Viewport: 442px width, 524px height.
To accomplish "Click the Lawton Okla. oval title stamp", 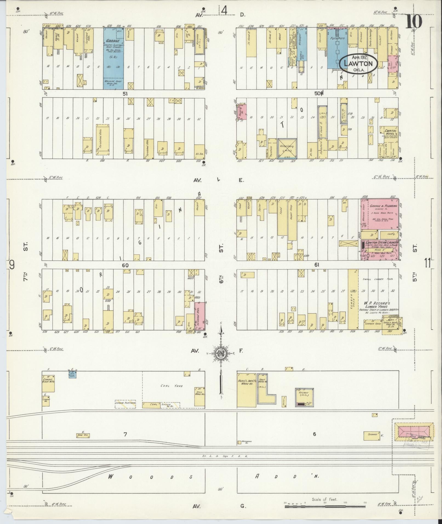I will tap(358, 63).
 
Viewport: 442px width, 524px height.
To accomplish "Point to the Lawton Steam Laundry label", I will tap(381, 243).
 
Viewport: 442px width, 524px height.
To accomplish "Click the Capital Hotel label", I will tap(390, 133).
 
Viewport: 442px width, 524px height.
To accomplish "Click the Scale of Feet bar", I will tap(324, 506).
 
